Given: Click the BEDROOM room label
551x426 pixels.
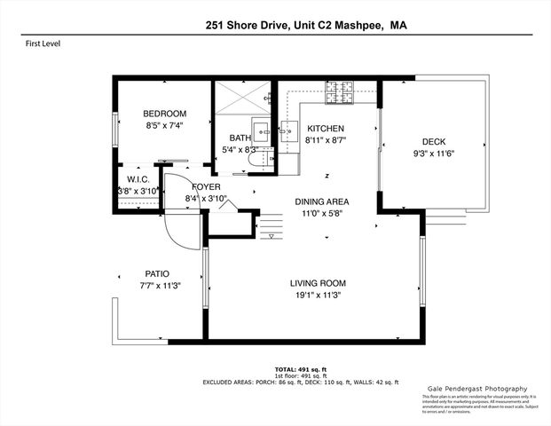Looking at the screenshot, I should pyautogui.click(x=165, y=114).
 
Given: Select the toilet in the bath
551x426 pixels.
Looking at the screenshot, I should pyautogui.click(x=255, y=157).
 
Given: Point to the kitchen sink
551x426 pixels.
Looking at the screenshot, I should pyautogui.click(x=289, y=130).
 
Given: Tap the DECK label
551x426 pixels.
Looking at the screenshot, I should pyautogui.click(x=433, y=142).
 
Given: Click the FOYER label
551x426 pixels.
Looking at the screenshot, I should pyautogui.click(x=206, y=186).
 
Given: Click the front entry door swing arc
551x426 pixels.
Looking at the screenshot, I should pyautogui.click(x=177, y=235).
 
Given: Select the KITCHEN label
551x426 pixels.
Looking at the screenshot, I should pyautogui.click(x=324, y=129).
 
